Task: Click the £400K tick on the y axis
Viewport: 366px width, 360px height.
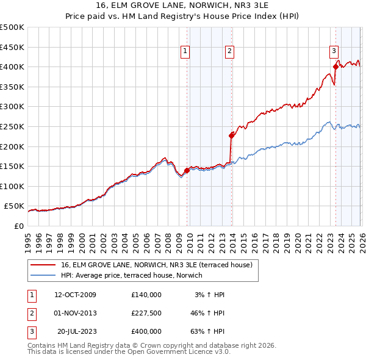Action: point(12,67)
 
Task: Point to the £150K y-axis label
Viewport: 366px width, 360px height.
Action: point(12,166)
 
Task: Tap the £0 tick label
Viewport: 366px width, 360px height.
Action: point(18,226)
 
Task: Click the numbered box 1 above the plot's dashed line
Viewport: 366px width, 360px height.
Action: point(185,52)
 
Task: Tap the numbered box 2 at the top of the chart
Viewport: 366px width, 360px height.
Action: point(229,52)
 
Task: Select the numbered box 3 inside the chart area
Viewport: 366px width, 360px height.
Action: point(334,52)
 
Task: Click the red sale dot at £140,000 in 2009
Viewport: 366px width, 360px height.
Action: point(187,171)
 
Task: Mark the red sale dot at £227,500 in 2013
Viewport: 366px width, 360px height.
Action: point(231,135)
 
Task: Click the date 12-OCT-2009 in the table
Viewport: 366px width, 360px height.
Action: point(75,295)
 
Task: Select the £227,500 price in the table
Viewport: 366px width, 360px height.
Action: point(146,313)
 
